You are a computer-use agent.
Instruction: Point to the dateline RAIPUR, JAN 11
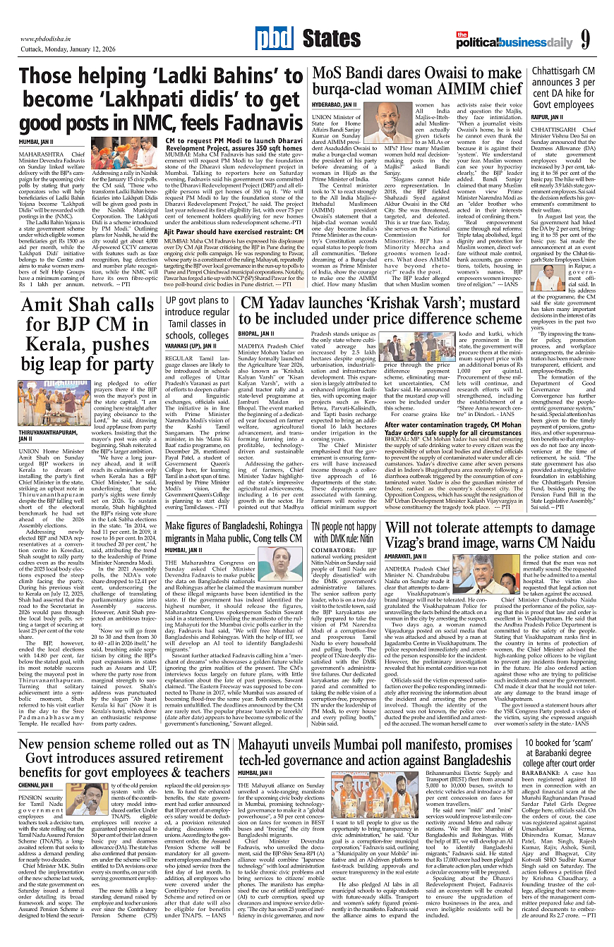click(547, 116)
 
